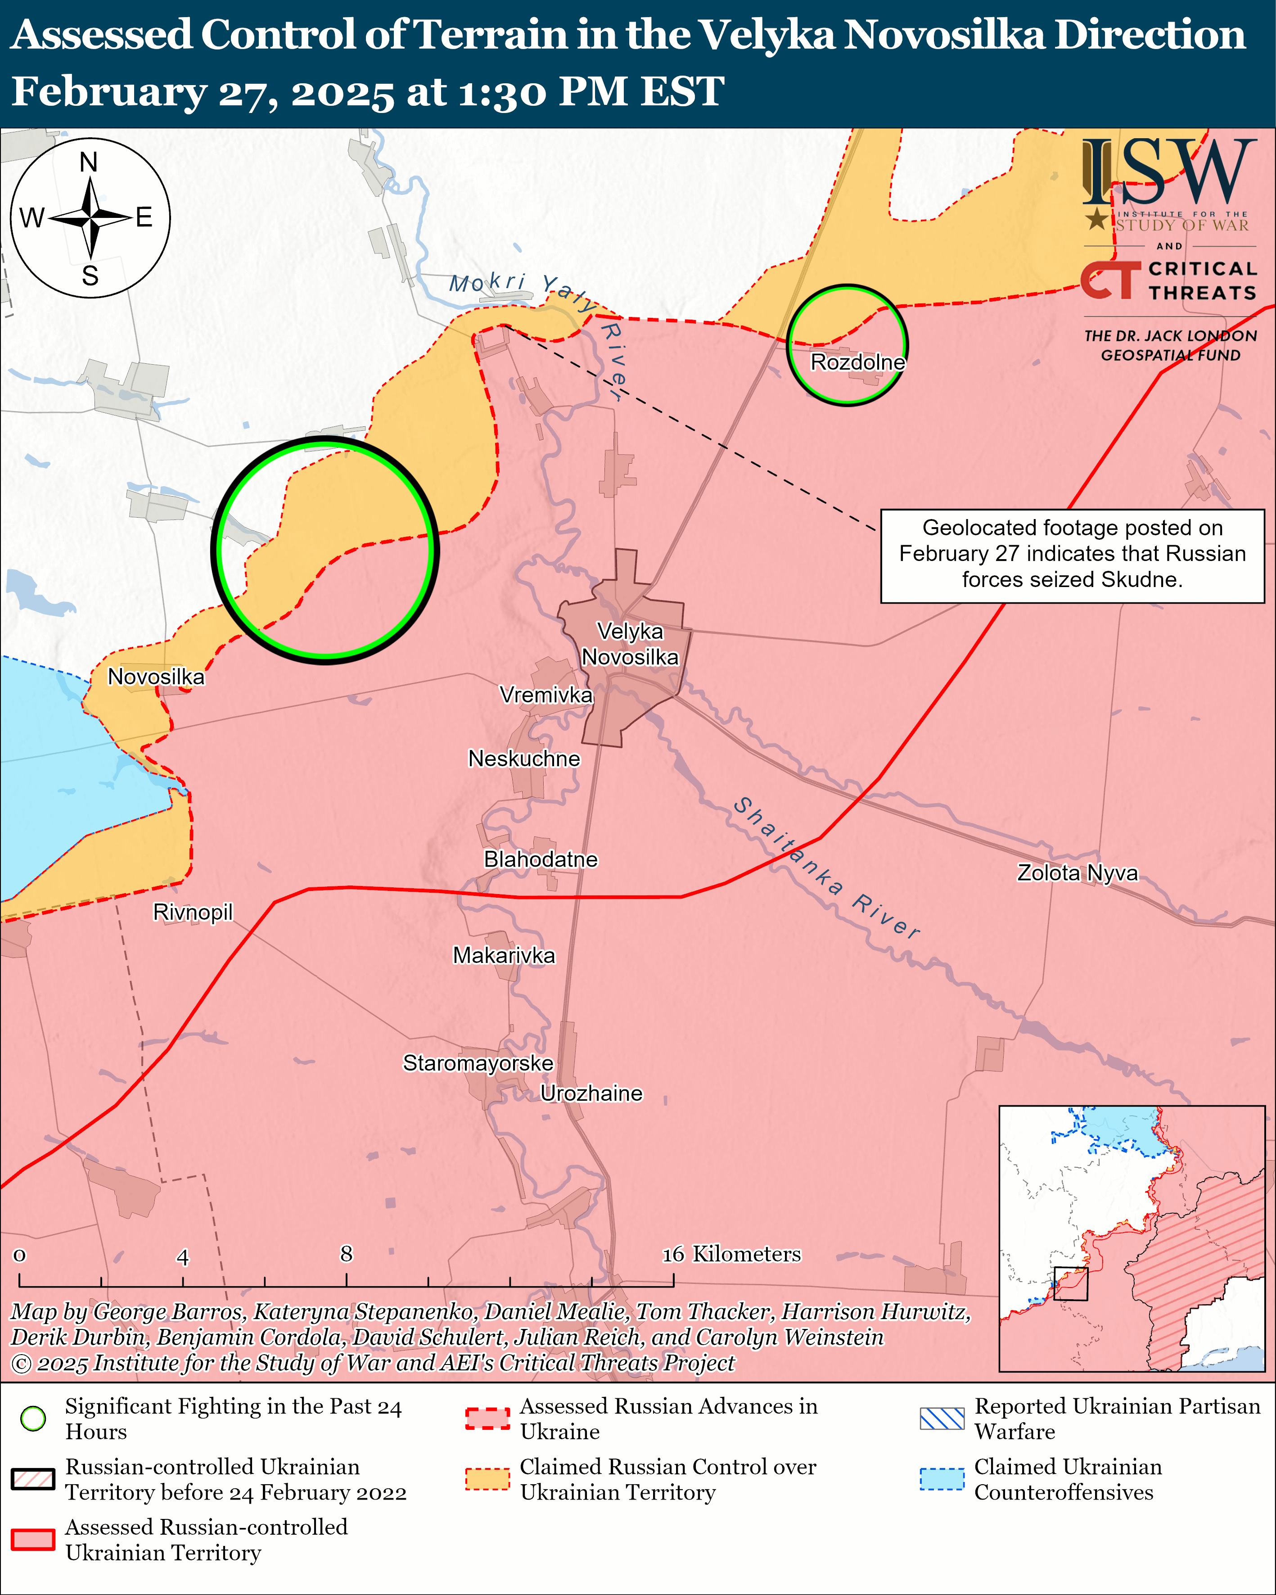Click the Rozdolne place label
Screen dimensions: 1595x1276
(857, 362)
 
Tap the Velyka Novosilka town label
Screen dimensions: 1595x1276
(630, 644)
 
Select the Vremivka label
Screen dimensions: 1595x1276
(546, 695)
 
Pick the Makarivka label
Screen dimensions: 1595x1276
(504, 955)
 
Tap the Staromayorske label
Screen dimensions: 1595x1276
(478, 1063)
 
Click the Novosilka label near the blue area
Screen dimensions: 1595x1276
(156, 677)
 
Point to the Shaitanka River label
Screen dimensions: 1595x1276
(826, 868)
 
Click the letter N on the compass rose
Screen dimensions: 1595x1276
(89, 162)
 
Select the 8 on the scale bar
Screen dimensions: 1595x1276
(346, 1253)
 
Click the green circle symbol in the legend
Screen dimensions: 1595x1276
(33, 1418)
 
